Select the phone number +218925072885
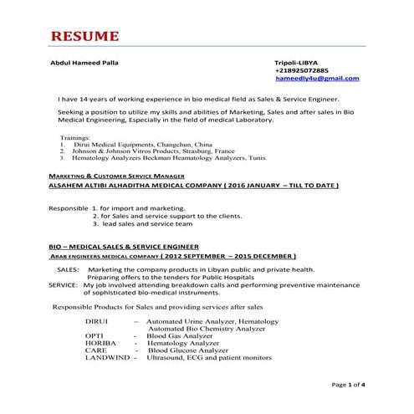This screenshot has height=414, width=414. point(302,70)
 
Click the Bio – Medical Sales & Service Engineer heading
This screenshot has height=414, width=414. point(123,248)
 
